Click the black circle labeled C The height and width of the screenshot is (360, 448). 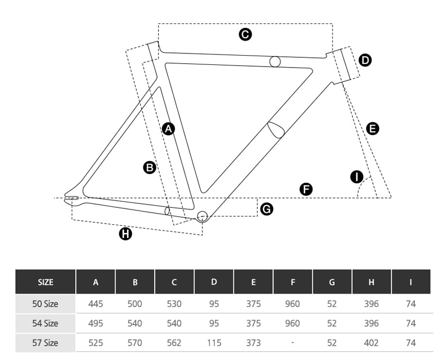[245, 34]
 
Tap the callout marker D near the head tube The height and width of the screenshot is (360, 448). [365, 61]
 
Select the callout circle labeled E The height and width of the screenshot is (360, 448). [372, 128]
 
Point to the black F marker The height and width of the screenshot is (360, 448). [306, 189]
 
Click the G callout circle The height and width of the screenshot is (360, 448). [267, 209]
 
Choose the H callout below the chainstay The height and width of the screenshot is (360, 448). [125, 233]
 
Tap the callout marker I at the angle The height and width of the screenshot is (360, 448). [356, 177]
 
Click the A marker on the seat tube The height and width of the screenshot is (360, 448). [168, 129]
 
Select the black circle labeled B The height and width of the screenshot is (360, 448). [149, 167]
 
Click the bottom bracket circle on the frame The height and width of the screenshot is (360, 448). [202, 216]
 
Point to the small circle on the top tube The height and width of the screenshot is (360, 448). [275, 62]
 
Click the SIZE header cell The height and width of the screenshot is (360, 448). [45, 282]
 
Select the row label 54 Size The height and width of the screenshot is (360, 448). [45, 323]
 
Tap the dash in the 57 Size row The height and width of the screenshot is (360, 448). [292, 343]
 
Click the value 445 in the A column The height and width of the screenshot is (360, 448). [95, 304]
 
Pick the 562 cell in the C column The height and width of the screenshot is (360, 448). [174, 343]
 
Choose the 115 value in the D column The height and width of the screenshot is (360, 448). [214, 343]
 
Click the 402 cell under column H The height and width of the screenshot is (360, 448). [371, 343]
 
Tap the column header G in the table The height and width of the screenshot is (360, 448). [332, 282]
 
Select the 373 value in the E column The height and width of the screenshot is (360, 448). [253, 343]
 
